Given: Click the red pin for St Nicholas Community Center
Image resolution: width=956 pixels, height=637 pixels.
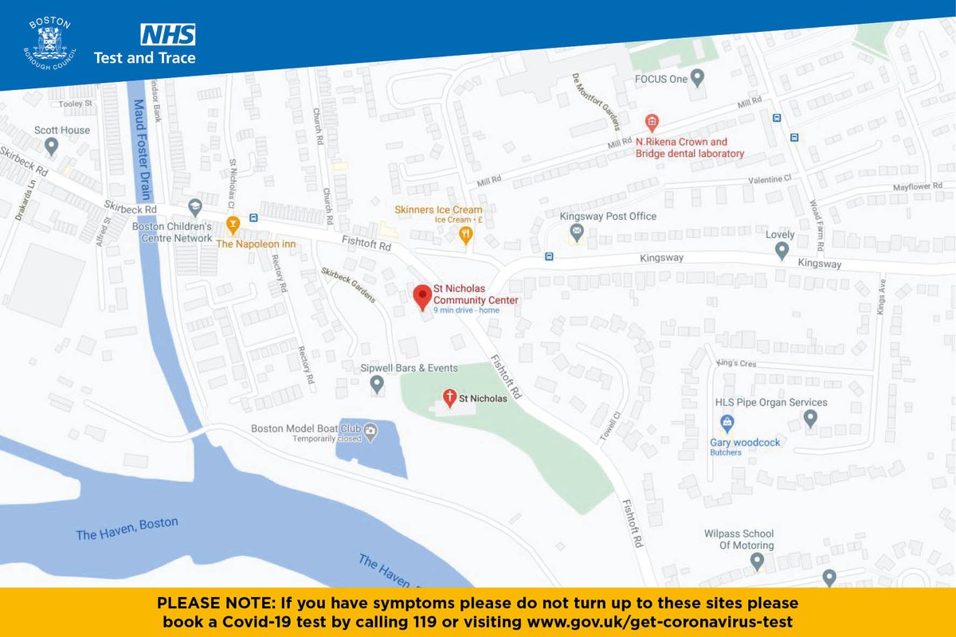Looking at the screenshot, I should pyautogui.click(x=421, y=295).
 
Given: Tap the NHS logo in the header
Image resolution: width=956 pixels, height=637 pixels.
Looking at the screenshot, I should pyautogui.click(x=168, y=34).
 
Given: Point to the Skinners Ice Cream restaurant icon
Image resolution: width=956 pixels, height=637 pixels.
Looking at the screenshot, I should pyautogui.click(x=466, y=234).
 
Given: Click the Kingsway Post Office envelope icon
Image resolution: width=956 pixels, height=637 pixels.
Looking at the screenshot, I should pyautogui.click(x=576, y=233).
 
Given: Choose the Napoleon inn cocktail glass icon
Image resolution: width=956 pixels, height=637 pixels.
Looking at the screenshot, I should pyautogui.click(x=233, y=224).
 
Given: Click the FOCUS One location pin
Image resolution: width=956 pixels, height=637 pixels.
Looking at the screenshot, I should pyautogui.click(x=698, y=78).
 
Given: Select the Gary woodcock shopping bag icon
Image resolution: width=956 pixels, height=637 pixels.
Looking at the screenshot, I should pyautogui.click(x=727, y=422).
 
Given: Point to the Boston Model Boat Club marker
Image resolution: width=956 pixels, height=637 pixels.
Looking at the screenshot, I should pyautogui.click(x=370, y=431).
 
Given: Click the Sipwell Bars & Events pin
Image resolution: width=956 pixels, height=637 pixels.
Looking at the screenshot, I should pyautogui.click(x=378, y=385).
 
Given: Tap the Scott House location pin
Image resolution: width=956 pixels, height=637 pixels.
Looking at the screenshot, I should pyautogui.click(x=52, y=146).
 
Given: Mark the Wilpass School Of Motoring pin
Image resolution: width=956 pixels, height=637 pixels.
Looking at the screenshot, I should pyautogui.click(x=757, y=562).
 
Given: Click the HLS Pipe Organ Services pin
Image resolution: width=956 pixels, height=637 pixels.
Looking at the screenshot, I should pyautogui.click(x=810, y=416).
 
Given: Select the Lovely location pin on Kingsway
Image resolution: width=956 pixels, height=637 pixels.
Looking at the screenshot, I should pyautogui.click(x=782, y=251).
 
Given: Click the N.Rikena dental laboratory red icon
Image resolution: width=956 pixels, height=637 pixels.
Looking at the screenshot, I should pyautogui.click(x=652, y=122).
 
